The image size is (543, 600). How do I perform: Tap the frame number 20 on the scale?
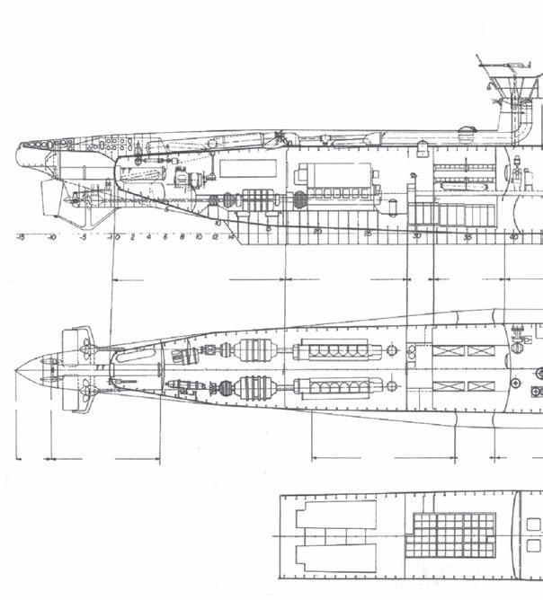pyautogui.click(x=317, y=233)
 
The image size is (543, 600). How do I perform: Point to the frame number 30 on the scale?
pyautogui.click(x=416, y=235)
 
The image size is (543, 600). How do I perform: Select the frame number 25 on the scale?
pyautogui.click(x=367, y=234)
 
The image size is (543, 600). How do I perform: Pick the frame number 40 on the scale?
pyautogui.click(x=513, y=236)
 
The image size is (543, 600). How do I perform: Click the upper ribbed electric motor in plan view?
pyautogui.click(x=252, y=349)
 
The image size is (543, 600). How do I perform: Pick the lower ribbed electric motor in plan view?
pyautogui.click(x=252, y=388)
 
